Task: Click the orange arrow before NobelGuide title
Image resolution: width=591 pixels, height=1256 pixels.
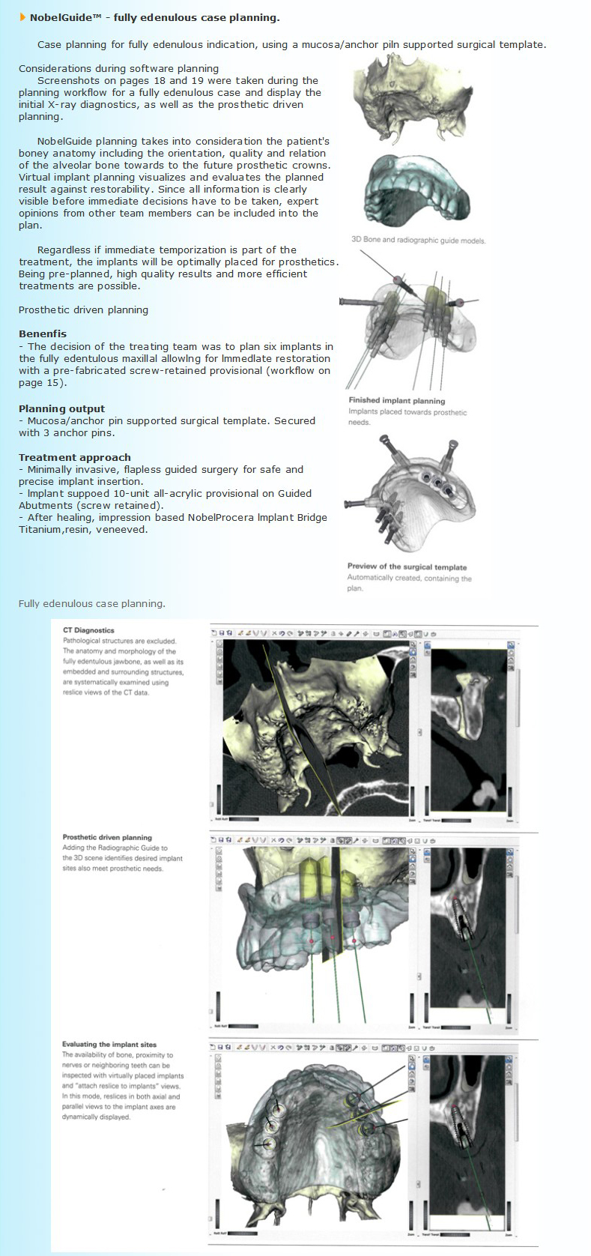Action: (x=22, y=18)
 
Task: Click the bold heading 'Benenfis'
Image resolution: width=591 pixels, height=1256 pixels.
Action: (x=43, y=334)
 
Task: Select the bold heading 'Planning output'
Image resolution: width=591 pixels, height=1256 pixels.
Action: (x=62, y=409)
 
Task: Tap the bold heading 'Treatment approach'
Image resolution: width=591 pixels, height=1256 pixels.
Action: (x=75, y=458)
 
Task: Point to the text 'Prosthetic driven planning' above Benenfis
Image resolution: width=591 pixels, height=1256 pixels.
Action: (x=83, y=310)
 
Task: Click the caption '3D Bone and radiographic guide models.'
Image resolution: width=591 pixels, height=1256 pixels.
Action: (x=418, y=241)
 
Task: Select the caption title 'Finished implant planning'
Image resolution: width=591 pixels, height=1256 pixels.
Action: (x=396, y=401)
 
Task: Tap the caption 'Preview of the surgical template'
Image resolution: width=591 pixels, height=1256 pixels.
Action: (x=407, y=567)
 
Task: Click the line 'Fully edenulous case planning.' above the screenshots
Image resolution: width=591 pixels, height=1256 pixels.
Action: (x=92, y=604)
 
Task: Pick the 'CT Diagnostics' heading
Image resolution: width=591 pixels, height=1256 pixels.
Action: (x=88, y=630)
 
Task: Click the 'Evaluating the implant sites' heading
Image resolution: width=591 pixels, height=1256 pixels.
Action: (x=110, y=1045)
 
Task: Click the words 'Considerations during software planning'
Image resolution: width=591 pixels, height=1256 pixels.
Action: (x=119, y=69)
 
